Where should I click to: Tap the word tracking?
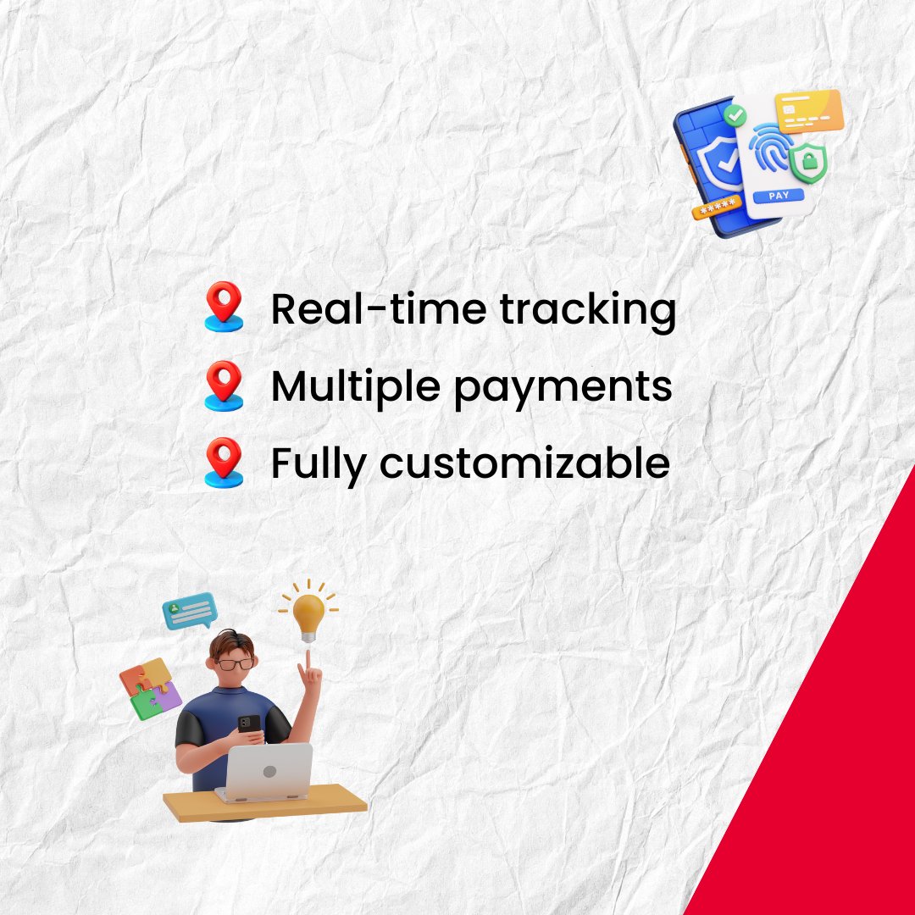click(588, 312)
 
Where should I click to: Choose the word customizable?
click(524, 463)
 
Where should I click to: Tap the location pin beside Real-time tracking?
click(224, 307)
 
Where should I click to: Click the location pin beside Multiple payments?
click(224, 385)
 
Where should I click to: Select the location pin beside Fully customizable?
click(224, 463)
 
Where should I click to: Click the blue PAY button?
click(779, 196)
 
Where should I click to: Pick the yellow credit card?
click(809, 111)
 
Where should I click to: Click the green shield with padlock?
click(808, 161)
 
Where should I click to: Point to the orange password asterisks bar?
click(717, 208)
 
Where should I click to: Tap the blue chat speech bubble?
click(190, 611)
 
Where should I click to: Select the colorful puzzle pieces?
click(150, 689)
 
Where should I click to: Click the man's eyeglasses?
click(236, 663)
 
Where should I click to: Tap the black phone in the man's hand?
click(249, 724)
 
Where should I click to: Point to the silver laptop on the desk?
click(266, 772)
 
